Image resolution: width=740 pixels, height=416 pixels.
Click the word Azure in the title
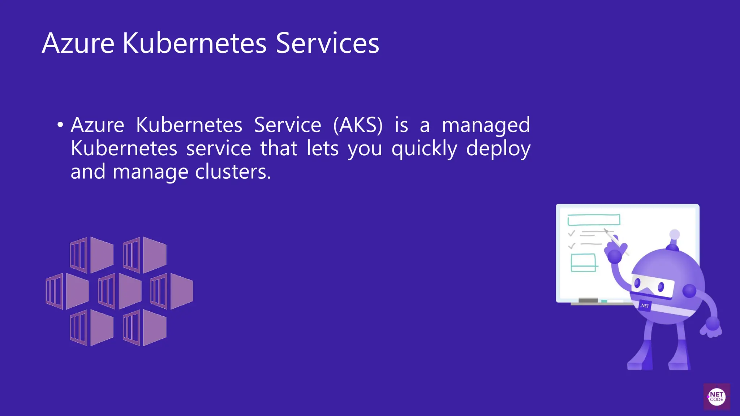click(x=78, y=43)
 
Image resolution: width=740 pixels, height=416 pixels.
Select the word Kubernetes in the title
click(x=195, y=43)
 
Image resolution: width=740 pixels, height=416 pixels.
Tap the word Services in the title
click(x=327, y=43)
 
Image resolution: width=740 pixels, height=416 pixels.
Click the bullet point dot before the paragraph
click(x=60, y=125)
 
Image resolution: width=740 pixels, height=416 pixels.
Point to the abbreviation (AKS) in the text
click(x=358, y=125)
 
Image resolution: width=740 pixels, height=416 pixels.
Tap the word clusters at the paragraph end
click(x=233, y=172)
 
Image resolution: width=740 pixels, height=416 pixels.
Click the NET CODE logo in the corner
click(x=717, y=397)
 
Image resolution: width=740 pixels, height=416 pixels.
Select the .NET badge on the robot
click(x=645, y=305)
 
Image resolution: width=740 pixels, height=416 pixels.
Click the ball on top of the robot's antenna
click(x=674, y=234)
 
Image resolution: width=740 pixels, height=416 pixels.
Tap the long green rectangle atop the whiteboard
click(x=594, y=220)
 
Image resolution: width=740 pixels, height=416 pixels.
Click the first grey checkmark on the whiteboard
click(x=572, y=233)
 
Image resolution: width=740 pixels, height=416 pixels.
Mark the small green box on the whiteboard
click(x=583, y=263)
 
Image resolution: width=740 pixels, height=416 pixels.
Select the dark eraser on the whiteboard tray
click(x=588, y=300)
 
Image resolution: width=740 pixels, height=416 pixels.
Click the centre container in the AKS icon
click(x=120, y=291)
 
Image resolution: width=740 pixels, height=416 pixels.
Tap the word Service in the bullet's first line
click(x=287, y=125)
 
